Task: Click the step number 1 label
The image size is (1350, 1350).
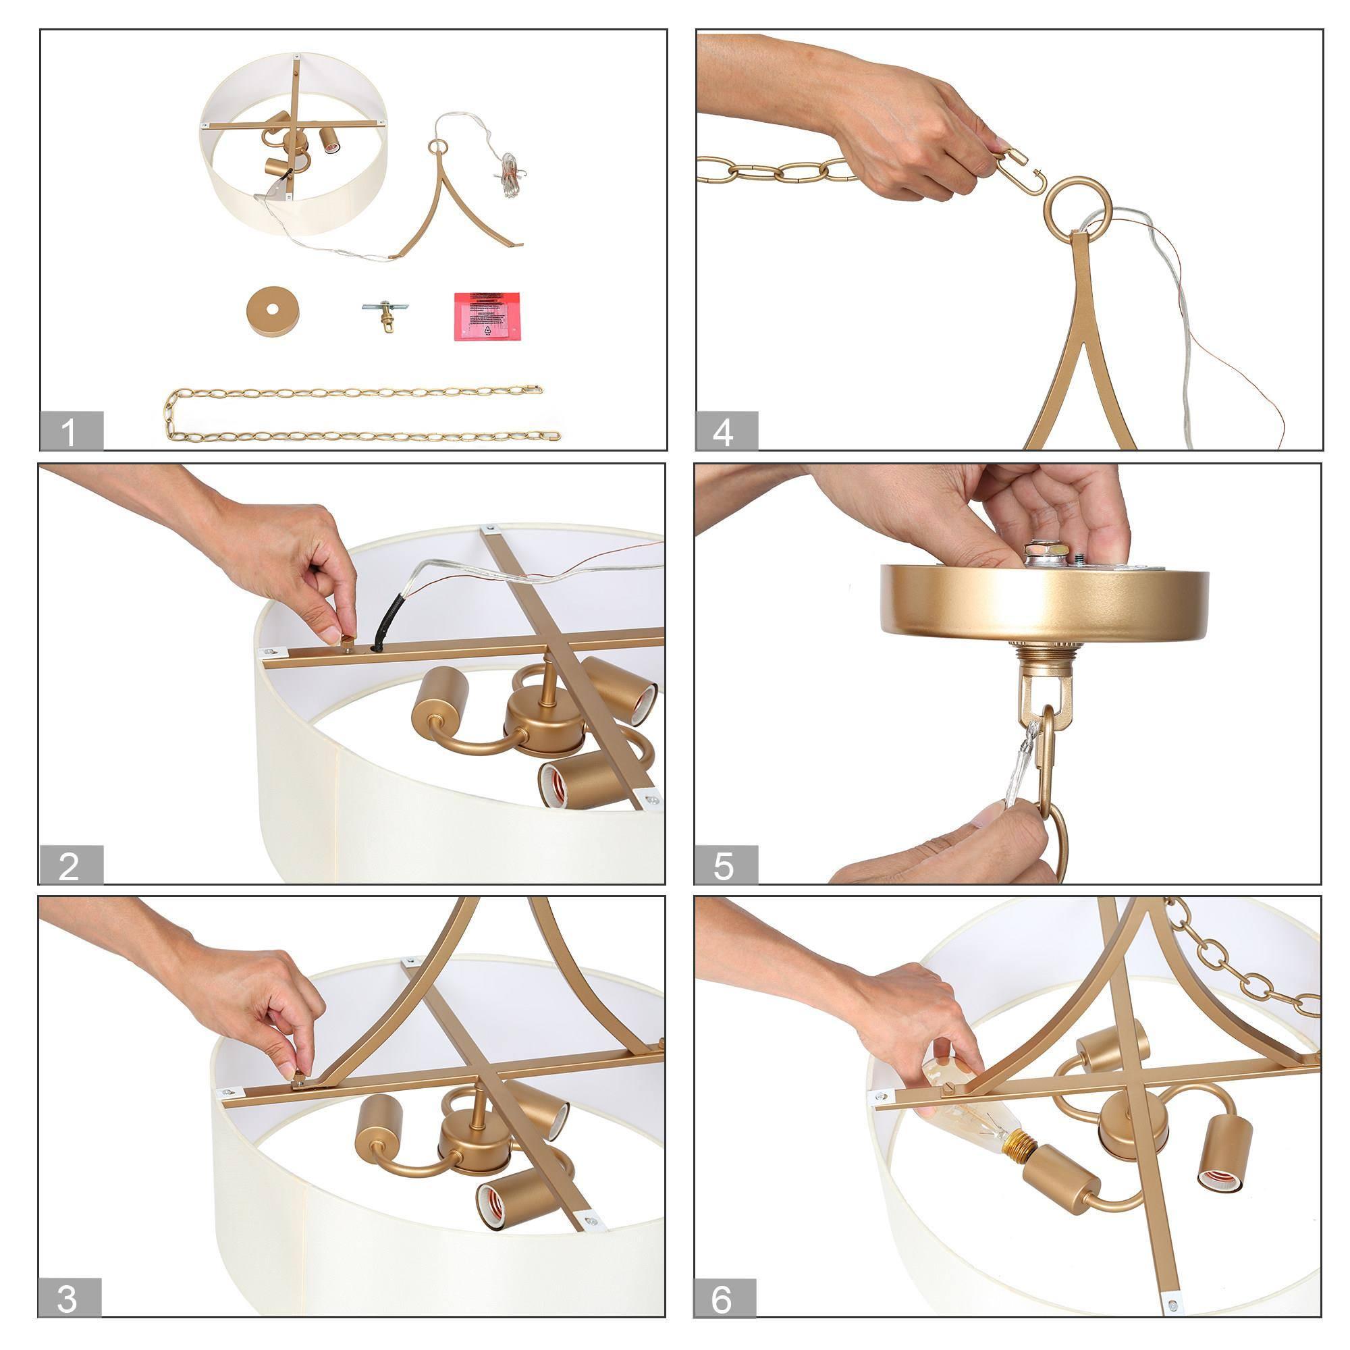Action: [x=71, y=431]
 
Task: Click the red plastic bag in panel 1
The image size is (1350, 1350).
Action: [x=489, y=317]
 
